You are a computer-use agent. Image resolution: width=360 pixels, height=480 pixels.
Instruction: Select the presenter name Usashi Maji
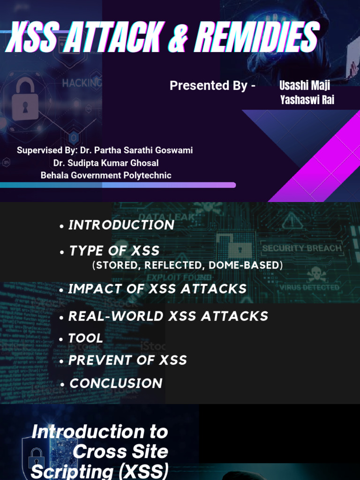point(305,85)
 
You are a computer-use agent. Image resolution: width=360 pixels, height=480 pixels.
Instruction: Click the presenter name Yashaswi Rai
point(307,100)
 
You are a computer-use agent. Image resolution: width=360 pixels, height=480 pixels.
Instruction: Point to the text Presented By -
point(212,86)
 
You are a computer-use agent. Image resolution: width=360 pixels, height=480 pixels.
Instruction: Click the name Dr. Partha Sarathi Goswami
point(136,150)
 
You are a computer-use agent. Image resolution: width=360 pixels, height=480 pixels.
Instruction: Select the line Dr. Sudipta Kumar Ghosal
point(106,163)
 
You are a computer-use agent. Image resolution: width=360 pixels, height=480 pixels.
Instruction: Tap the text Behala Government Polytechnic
point(106,175)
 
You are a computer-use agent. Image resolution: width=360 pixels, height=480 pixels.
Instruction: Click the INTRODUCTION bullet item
point(121,225)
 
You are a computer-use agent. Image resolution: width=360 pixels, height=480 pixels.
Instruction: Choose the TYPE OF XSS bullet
point(114,251)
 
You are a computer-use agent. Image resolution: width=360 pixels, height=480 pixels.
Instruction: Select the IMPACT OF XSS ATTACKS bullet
point(157,289)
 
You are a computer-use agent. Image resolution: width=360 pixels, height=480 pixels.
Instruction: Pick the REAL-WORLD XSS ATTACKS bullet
point(168,316)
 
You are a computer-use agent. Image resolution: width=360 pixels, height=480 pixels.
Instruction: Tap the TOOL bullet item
point(85,338)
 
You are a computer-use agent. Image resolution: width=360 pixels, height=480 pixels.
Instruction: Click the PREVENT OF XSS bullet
point(127,360)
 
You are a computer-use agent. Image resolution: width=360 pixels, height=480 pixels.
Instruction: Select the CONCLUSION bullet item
point(115,383)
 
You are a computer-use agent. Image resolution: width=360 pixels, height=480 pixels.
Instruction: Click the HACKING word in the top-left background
point(82,83)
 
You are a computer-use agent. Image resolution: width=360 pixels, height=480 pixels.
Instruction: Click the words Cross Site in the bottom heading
point(120,451)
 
